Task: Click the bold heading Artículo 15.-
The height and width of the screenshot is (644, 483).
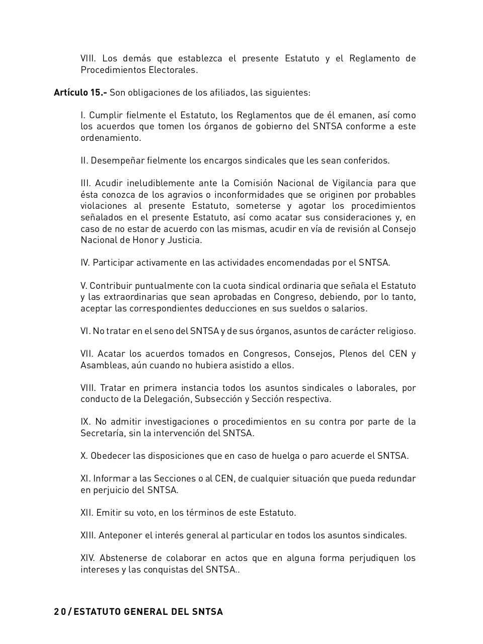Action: (80, 93)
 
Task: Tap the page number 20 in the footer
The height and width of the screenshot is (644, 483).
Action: (59, 612)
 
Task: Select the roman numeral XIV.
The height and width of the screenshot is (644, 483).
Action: (88, 558)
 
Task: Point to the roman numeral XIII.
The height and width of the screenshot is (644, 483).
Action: (88, 535)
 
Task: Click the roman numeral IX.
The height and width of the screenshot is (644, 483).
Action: (85, 422)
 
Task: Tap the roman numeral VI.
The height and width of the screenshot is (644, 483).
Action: (85, 331)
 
